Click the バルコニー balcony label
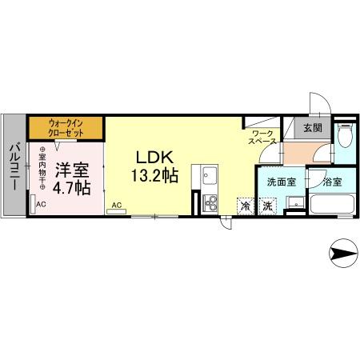point(15,166)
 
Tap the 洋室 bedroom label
point(70,170)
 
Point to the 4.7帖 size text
point(71,189)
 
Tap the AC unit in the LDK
point(117,206)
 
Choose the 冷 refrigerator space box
point(244,205)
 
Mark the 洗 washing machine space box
point(267,205)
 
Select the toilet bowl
point(344,138)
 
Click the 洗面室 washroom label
point(279,181)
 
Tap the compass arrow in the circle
point(345,255)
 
